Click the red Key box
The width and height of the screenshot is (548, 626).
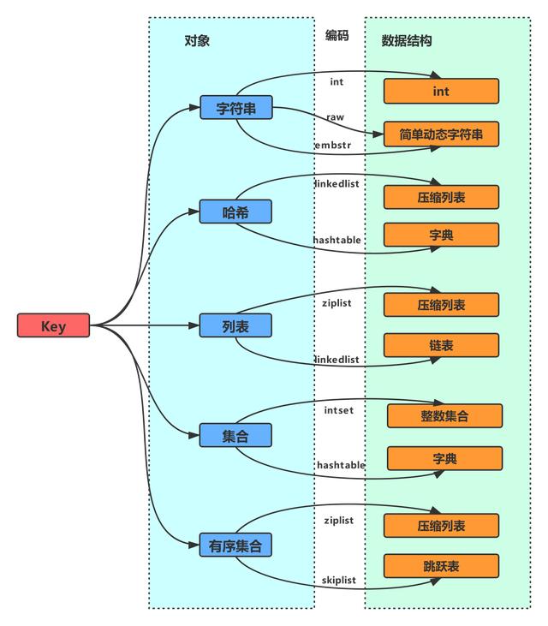click(53, 325)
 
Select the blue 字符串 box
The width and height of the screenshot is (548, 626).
click(235, 108)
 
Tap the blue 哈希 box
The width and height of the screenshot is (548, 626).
click(235, 212)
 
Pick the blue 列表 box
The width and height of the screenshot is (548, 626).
click(235, 325)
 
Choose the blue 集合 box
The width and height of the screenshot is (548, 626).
click(235, 436)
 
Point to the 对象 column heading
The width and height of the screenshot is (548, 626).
click(197, 40)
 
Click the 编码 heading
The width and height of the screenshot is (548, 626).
click(337, 35)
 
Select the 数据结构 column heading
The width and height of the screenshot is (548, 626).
click(407, 40)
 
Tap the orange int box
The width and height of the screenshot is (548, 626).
click(441, 91)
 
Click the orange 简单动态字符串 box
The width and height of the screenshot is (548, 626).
click(441, 134)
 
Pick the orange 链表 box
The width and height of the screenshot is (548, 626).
click(441, 345)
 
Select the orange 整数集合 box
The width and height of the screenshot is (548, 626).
click(444, 416)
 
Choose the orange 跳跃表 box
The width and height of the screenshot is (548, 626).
click(441, 566)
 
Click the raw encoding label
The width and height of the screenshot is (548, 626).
click(335, 116)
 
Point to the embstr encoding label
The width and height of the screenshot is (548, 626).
click(332, 146)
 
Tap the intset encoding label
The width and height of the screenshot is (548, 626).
click(338, 410)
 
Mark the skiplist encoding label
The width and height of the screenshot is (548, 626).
click(339, 580)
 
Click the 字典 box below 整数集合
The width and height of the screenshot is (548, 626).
click(444, 458)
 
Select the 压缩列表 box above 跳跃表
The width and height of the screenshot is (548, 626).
click(441, 526)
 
